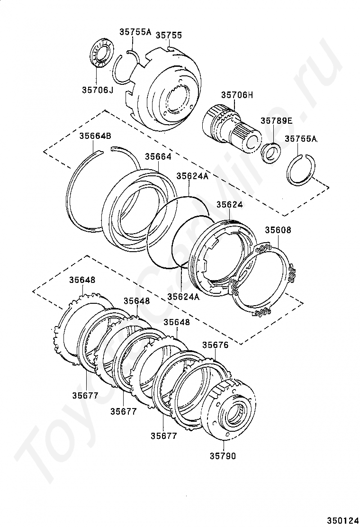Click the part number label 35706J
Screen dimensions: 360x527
[97, 89]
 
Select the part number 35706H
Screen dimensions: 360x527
[236, 95]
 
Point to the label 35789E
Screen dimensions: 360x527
[276, 120]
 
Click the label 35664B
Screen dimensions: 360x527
[95, 136]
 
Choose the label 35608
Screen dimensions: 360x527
[278, 230]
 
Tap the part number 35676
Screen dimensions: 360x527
[216, 345]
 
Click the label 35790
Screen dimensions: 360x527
[222, 456]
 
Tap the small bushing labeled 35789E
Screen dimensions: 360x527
[271, 152]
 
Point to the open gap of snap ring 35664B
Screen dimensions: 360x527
[107, 150]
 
